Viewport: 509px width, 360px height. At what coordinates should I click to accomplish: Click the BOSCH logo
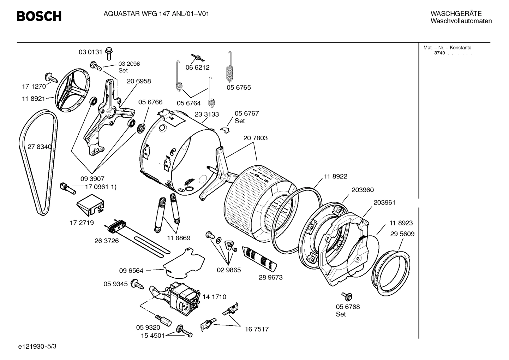pyautogui.click(x=39, y=16)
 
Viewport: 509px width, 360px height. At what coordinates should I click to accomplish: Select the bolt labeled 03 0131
pyautogui.click(x=109, y=53)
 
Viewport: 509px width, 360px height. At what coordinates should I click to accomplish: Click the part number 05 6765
pyautogui.click(x=239, y=88)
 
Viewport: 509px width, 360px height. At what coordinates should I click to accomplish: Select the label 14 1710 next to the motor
pyautogui.click(x=214, y=297)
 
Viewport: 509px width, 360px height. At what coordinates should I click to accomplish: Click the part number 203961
pyautogui.click(x=384, y=202)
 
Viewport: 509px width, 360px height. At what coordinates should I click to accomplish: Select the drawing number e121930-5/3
pyautogui.click(x=37, y=347)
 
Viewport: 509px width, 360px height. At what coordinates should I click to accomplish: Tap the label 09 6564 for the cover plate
pyautogui.click(x=131, y=271)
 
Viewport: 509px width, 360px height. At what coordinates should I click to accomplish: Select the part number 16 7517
pyautogui.click(x=257, y=329)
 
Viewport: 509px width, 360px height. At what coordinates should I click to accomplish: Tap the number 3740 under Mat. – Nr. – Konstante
pyautogui.click(x=439, y=53)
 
